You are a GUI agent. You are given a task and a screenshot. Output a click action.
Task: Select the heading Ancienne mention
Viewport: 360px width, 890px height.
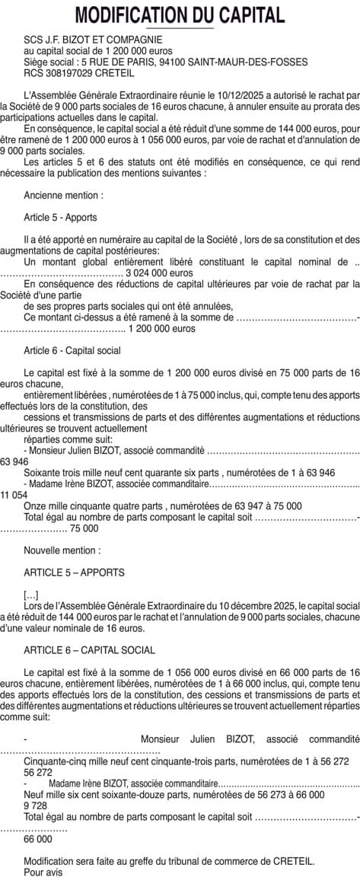tap(64, 196)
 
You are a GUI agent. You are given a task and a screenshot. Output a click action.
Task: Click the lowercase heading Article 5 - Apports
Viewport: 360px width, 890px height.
tap(60, 217)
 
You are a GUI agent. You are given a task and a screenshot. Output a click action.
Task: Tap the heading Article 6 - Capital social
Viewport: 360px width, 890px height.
tap(72, 350)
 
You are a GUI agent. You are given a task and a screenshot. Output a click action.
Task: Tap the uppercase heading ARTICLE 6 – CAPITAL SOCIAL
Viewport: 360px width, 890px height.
tap(89, 650)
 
